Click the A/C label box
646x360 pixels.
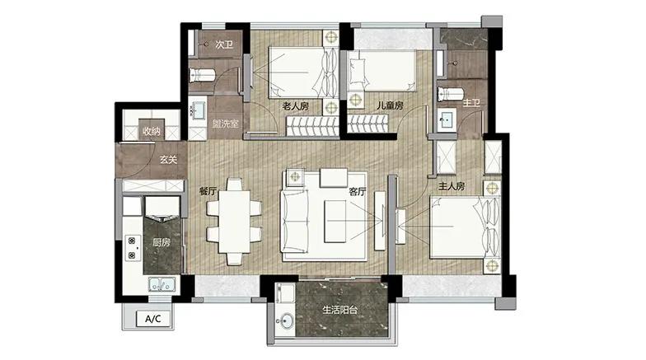pyautogui.click(x=153, y=318)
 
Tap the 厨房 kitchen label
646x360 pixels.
pyautogui.click(x=161, y=242)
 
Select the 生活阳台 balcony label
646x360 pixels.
pyautogui.click(x=339, y=310)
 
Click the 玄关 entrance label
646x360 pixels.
pyautogui.click(x=168, y=160)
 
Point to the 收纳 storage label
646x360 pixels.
pyautogui.click(x=152, y=132)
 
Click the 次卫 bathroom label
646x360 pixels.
pyautogui.click(x=224, y=44)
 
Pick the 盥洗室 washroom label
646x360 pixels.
pyautogui.click(x=226, y=124)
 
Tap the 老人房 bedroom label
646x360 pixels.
pyautogui.click(x=295, y=106)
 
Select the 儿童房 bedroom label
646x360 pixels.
pyautogui.click(x=390, y=105)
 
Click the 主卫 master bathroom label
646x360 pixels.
pyautogui.click(x=471, y=102)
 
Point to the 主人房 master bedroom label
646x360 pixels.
pyautogui.click(x=452, y=186)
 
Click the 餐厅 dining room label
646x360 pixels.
pyautogui.click(x=208, y=191)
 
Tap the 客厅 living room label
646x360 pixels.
pyautogui.click(x=358, y=191)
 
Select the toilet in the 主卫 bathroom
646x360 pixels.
pyautogui.click(x=451, y=94)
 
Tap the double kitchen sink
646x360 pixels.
pyautogui.click(x=162, y=284)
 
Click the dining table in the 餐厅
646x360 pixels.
pyautogui.click(x=234, y=221)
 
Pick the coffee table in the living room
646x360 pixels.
pyautogui.click(x=335, y=221)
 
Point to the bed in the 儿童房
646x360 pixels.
pyautogui.click(x=382, y=71)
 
